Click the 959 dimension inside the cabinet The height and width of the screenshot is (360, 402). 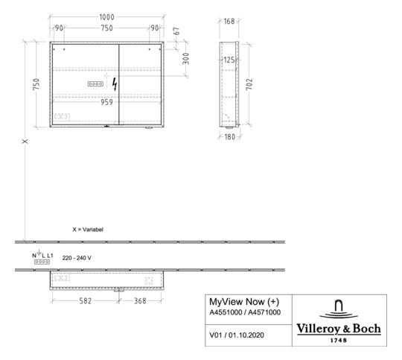pyautogui.click(x=106, y=103)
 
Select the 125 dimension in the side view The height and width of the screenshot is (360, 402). pyautogui.click(x=229, y=59)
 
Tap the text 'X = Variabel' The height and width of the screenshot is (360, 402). pyautogui.click(x=88, y=230)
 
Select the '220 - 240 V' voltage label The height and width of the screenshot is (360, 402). pyautogui.click(x=77, y=258)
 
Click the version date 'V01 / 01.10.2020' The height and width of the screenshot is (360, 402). pyautogui.click(x=237, y=335)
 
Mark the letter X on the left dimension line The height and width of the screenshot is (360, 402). pyautogui.click(x=25, y=142)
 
